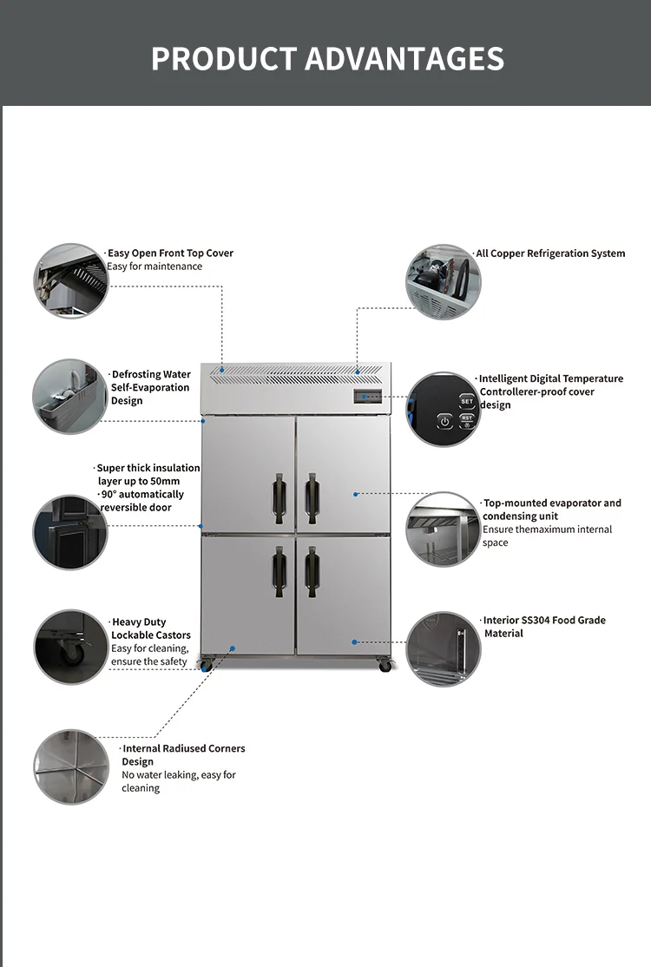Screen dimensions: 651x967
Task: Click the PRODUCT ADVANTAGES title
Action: pos(327,58)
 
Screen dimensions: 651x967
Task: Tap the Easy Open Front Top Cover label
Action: pos(170,253)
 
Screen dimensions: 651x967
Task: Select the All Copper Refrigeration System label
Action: pos(550,253)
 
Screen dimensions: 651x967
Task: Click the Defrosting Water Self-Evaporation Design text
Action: pos(150,387)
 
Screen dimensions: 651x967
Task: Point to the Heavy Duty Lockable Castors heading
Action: pos(150,628)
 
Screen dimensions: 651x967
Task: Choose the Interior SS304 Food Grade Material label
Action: pos(543,627)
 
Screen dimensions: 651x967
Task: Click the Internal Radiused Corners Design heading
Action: pos(183,755)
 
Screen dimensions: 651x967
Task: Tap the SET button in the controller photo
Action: pos(467,402)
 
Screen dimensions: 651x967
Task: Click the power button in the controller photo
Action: pos(445,422)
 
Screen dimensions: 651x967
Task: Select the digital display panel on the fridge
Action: pos(367,397)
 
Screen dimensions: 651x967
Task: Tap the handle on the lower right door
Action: pos(312,572)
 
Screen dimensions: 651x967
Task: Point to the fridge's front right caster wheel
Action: pos(385,665)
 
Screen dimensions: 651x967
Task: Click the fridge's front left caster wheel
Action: pos(206,665)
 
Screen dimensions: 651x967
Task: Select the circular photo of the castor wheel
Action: pos(71,647)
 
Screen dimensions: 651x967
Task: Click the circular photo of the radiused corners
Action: pos(71,767)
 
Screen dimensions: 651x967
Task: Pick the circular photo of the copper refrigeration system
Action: pos(444,282)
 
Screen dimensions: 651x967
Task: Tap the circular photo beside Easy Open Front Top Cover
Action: pos(71,280)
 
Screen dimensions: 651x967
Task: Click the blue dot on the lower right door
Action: pos(354,642)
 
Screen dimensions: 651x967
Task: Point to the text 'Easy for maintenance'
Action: pos(155,266)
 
